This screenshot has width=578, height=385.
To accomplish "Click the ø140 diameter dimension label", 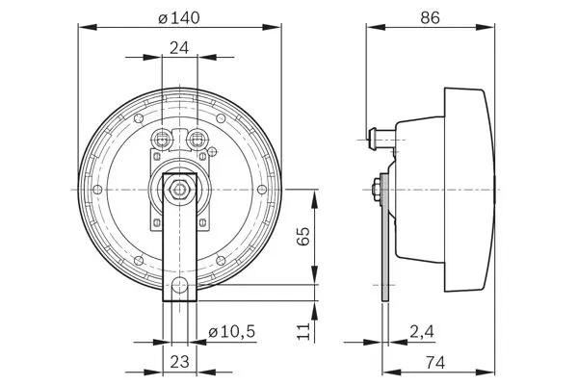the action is click(x=179, y=17).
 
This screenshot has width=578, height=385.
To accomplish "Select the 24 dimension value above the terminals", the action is click(x=179, y=48).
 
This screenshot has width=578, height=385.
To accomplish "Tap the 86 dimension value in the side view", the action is click(x=431, y=17).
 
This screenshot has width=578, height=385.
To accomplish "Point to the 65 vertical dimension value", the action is click(x=303, y=236).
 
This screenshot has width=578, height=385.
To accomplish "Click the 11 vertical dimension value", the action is click(x=303, y=331).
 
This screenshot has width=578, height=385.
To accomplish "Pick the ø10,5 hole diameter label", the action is click(x=232, y=331).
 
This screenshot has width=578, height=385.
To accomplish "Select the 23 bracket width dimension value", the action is click(x=179, y=362).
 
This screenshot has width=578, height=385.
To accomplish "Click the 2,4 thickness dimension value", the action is click(x=422, y=331).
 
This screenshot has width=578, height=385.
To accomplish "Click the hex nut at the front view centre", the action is click(x=179, y=190).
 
